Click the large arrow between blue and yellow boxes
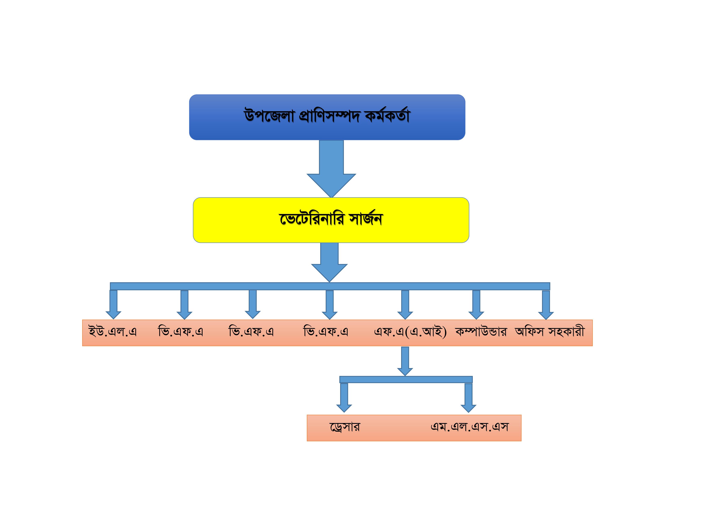tap(331, 169)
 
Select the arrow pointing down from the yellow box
tap(329, 263)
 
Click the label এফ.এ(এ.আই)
tap(410, 332)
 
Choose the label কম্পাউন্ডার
tap(481, 332)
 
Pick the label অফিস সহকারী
tap(550, 332)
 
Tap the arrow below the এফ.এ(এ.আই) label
tap(405, 361)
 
